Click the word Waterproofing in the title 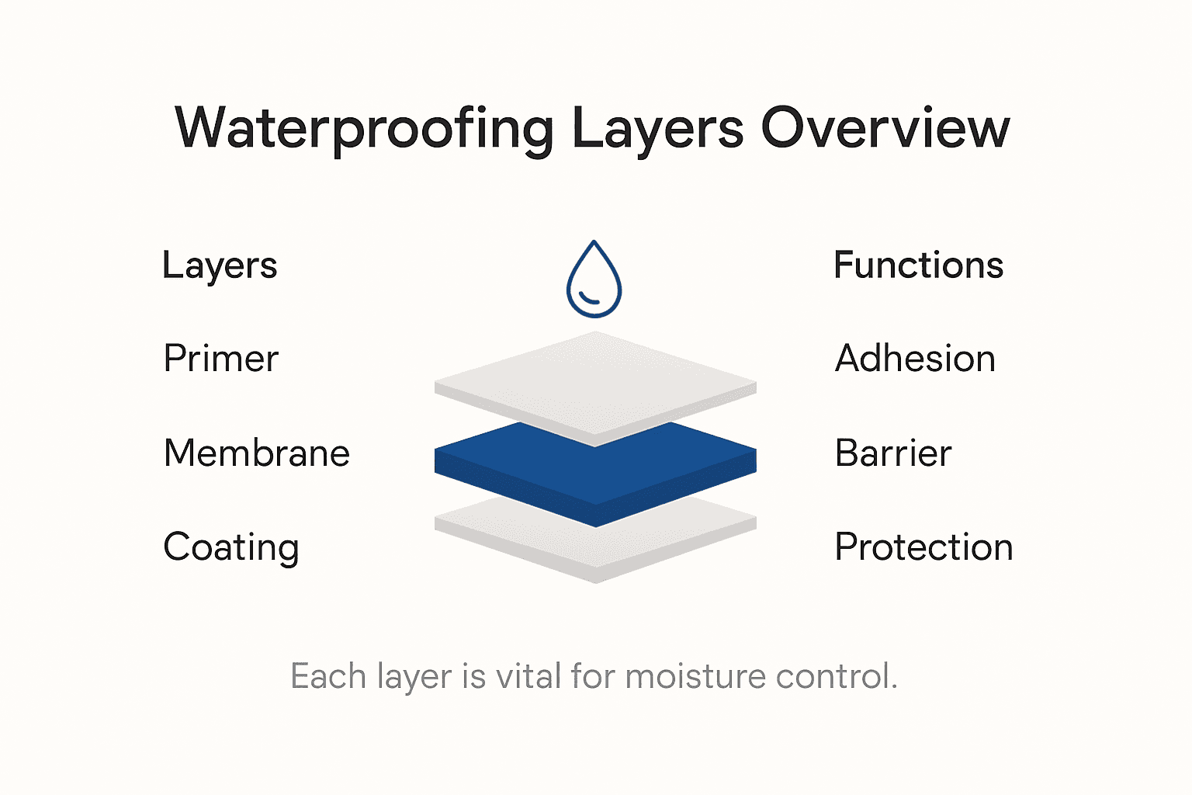[364, 128]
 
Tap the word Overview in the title [885, 128]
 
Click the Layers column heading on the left [220, 266]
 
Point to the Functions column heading [918, 266]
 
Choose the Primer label [220, 359]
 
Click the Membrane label [257, 453]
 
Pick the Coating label [231, 548]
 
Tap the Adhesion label [915, 359]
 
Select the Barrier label [893, 453]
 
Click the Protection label [923, 547]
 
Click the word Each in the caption [328, 676]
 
